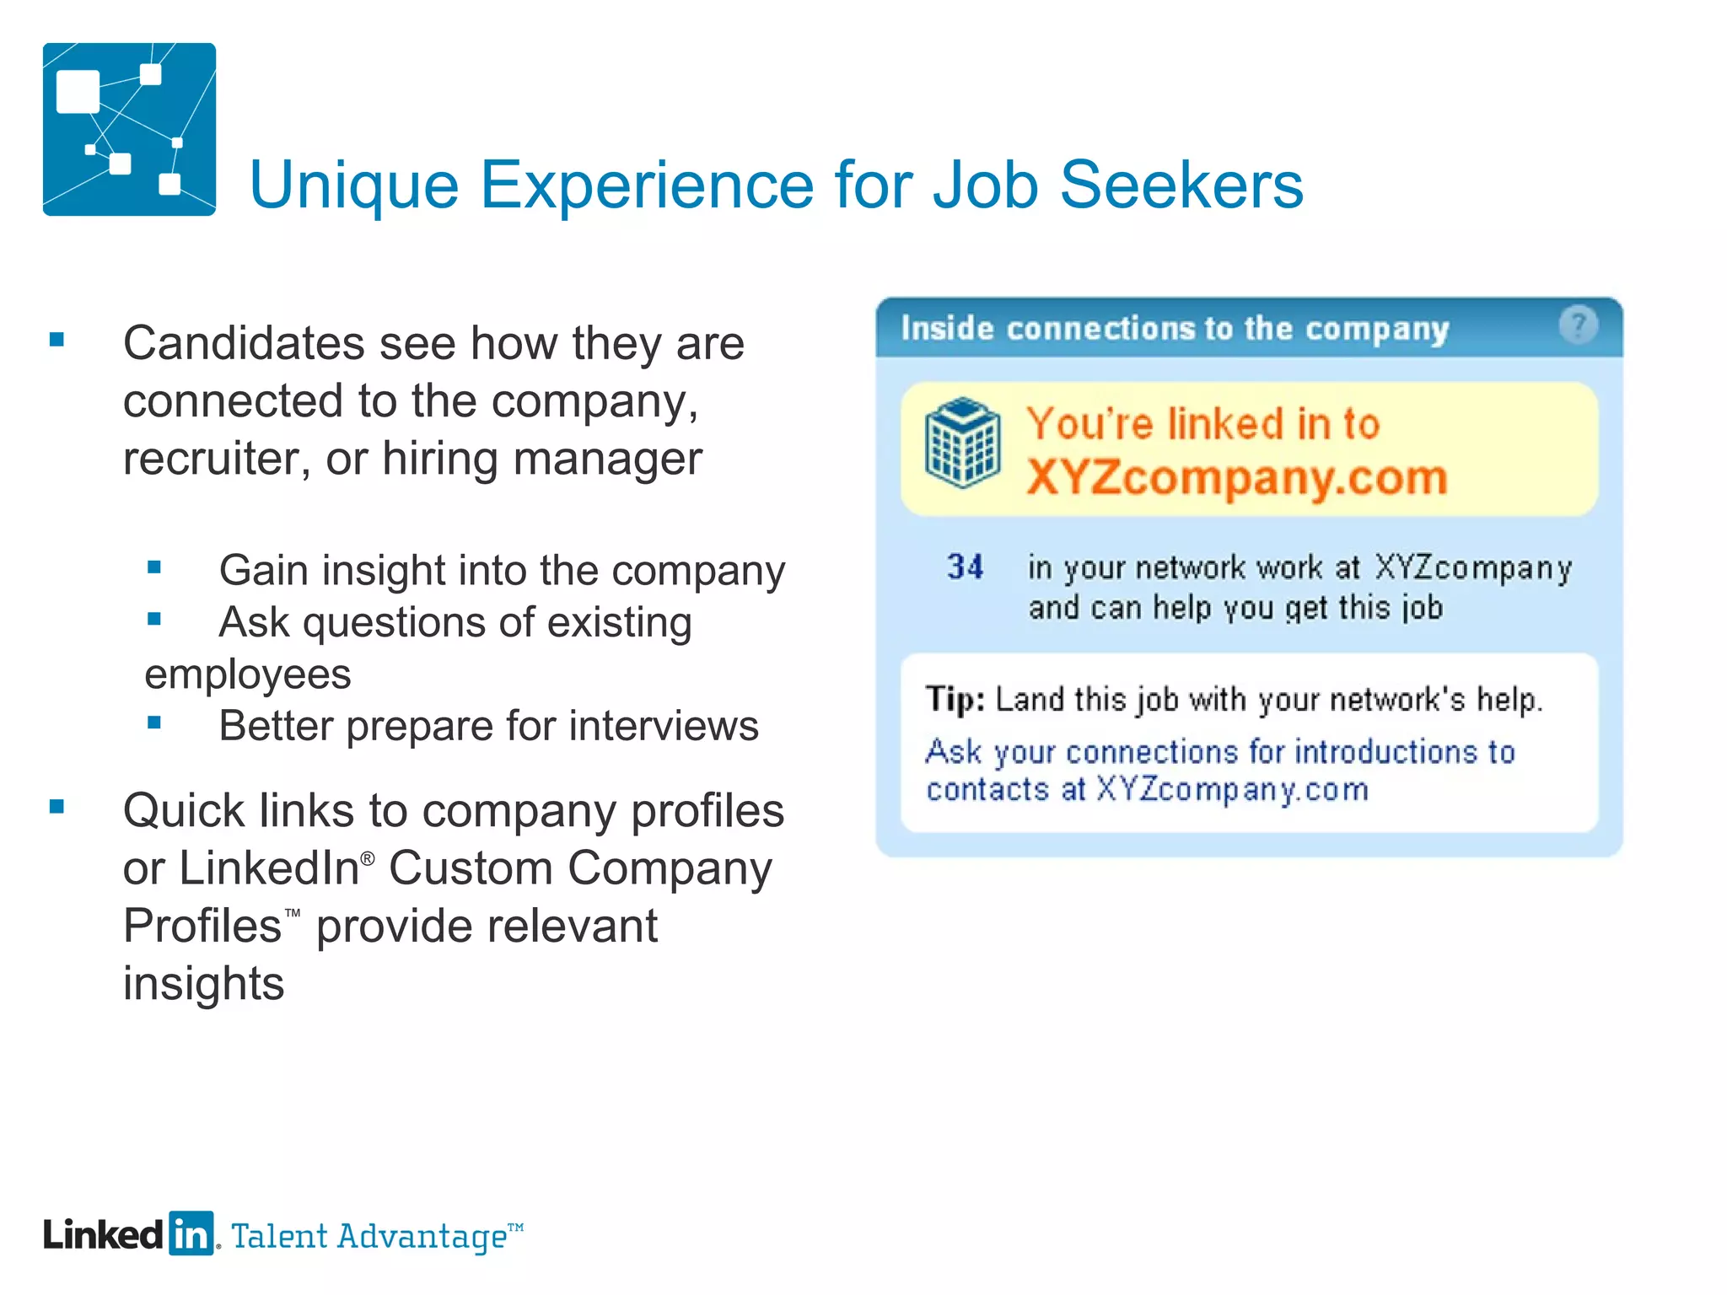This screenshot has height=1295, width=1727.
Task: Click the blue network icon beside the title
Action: coord(129,129)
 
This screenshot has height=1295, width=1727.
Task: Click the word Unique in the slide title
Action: coord(353,185)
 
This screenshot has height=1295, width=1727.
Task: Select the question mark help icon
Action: coord(1578,325)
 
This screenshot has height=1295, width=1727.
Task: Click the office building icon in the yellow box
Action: coord(962,443)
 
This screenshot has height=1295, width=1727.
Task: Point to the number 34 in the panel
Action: coord(965,567)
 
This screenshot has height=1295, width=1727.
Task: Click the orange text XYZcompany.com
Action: coord(1236,477)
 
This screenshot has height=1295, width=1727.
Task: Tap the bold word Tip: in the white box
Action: coord(955,700)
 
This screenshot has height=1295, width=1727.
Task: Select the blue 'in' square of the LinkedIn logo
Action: coord(191,1233)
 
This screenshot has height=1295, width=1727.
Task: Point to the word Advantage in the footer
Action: coord(421,1237)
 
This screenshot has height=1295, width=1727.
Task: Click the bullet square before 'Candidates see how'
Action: coord(57,340)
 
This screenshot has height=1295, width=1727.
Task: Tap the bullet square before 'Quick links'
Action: coord(57,807)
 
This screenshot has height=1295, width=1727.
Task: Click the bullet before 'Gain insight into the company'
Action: coord(153,567)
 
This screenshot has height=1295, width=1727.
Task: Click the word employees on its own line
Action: coord(248,674)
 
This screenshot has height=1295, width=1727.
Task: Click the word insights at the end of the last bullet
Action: coord(203,984)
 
